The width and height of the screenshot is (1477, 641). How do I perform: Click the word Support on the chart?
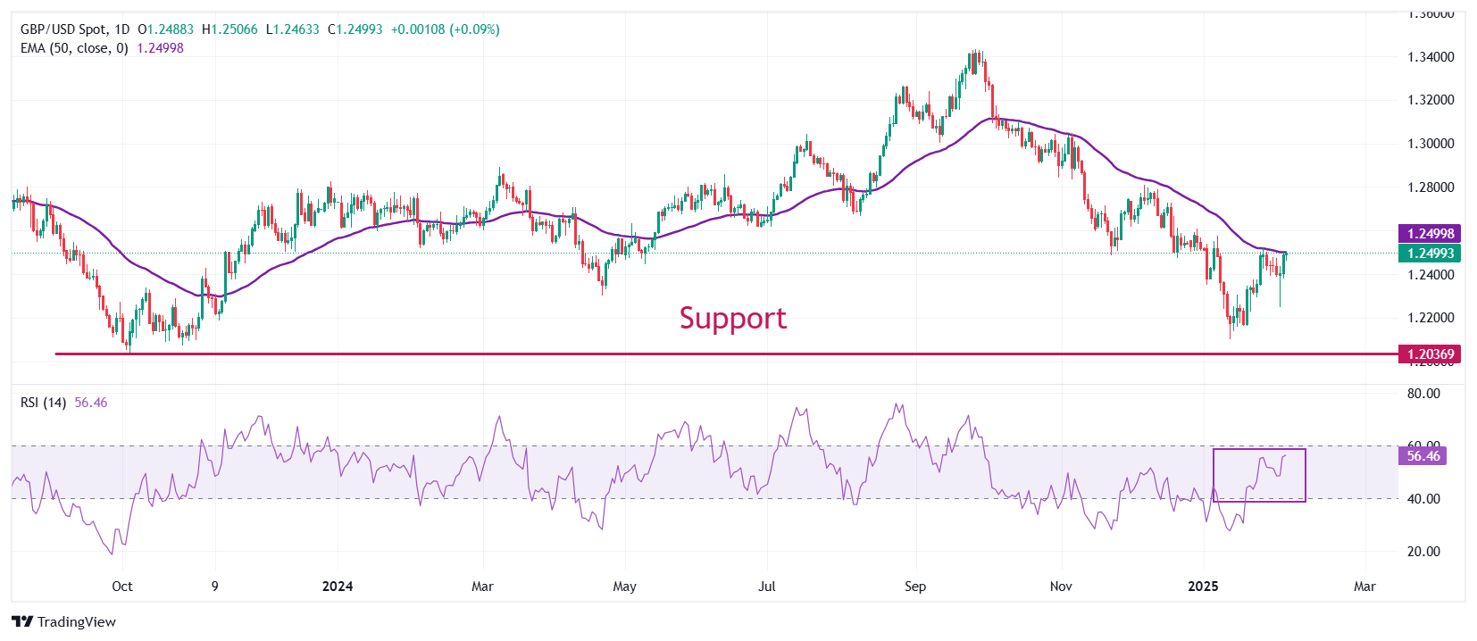click(x=732, y=318)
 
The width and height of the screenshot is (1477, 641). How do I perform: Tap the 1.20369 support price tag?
click(x=1431, y=354)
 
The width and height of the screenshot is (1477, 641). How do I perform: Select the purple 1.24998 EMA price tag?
click(x=1431, y=234)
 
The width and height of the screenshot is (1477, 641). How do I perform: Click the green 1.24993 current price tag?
click(x=1431, y=254)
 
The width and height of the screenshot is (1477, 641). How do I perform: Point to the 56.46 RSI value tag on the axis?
click(x=1423, y=456)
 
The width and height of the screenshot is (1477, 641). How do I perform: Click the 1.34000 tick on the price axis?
click(x=1431, y=57)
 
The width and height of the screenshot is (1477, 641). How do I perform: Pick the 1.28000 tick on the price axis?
click(x=1431, y=187)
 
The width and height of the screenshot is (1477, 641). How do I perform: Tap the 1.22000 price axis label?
click(x=1431, y=318)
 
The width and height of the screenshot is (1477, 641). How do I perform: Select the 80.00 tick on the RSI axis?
click(x=1423, y=394)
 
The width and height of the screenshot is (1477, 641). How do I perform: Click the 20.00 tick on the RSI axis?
click(x=1423, y=552)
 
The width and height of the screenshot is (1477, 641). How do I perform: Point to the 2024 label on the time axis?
click(x=338, y=587)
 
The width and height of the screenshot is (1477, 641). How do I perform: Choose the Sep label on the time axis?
click(x=915, y=587)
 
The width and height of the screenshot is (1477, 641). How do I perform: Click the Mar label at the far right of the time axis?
click(x=1364, y=587)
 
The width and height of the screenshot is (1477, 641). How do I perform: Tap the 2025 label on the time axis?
click(x=1203, y=587)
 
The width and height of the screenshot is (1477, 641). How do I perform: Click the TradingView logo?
click(x=64, y=622)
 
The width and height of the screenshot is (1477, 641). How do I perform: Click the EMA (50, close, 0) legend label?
click(x=74, y=48)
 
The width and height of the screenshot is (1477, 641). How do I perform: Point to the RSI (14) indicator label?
click(x=43, y=403)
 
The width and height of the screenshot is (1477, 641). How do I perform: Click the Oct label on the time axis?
click(x=122, y=587)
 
